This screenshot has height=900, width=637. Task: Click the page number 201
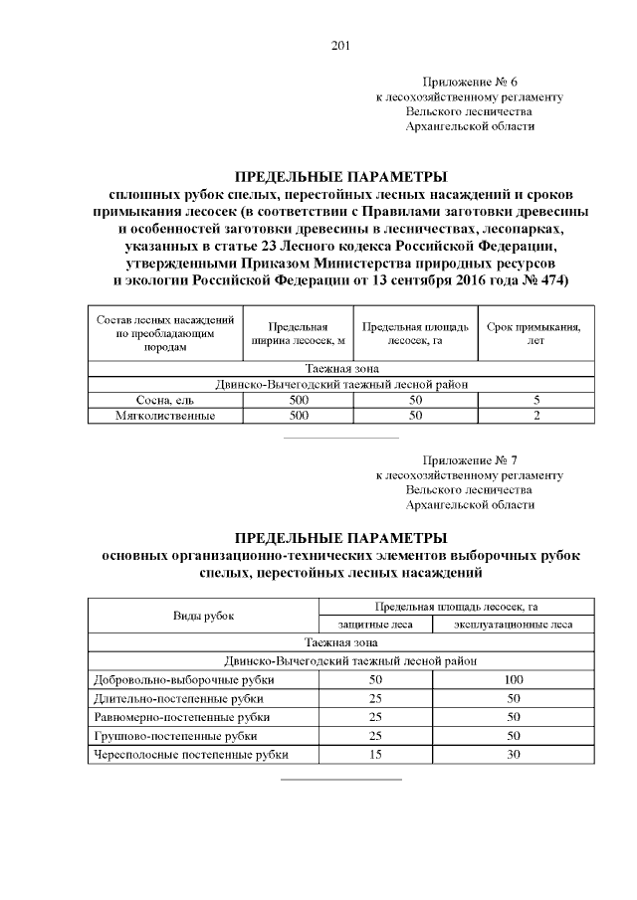coord(339,45)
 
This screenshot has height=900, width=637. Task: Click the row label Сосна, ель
coord(164,399)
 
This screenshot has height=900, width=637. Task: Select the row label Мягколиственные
coord(164,415)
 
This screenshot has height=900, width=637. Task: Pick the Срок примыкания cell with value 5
coord(536,399)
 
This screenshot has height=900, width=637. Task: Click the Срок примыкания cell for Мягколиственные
coord(536,415)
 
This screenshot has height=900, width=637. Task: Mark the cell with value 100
coord(514,680)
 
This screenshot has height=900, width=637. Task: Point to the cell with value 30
coord(514,755)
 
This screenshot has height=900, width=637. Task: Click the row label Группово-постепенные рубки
coord(174,736)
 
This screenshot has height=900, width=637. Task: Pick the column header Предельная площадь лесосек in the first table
coord(416,334)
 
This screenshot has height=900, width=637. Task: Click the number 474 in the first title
coord(549,281)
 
